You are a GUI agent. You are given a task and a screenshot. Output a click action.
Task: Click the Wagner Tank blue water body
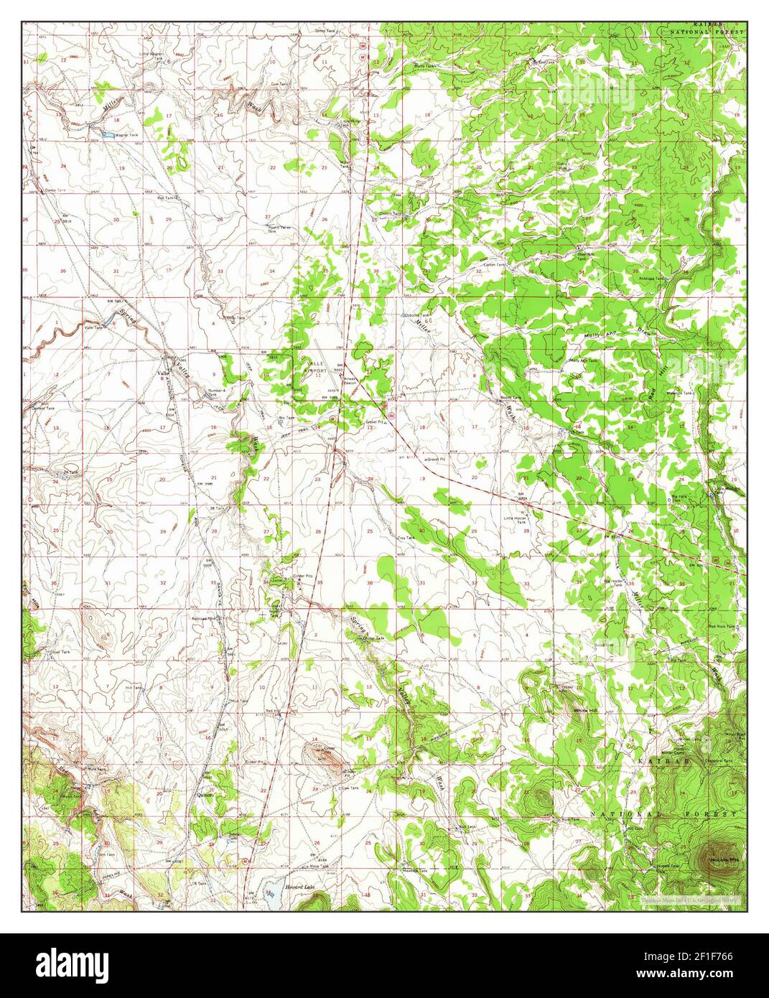point(106,134)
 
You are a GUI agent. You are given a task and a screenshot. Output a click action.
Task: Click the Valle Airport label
point(316,368)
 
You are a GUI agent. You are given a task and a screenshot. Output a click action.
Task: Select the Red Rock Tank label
point(721,626)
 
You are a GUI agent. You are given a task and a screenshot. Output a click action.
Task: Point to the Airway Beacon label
point(350,376)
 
